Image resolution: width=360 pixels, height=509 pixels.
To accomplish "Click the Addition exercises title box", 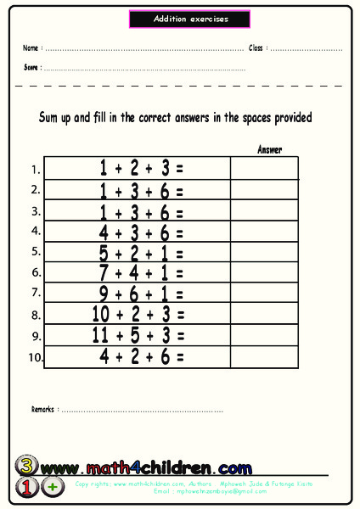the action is click(190, 19).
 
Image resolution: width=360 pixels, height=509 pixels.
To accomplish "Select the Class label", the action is click(257, 48).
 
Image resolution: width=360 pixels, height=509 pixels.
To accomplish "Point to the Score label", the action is click(31, 67).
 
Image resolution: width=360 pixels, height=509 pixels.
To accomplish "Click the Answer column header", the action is click(269, 149).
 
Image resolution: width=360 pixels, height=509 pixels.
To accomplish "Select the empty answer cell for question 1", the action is click(264, 168).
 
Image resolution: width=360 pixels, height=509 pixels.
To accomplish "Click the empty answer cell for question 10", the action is click(264, 356).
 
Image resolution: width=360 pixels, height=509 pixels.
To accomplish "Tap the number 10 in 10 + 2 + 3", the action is click(102, 315).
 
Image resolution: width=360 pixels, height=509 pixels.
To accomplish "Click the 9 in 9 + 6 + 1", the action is click(104, 294).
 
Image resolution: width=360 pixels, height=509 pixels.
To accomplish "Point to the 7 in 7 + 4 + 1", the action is click(104, 273).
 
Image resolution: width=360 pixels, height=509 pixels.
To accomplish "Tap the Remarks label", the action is click(43, 409).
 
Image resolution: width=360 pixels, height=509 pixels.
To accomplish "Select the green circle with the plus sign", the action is click(53, 487).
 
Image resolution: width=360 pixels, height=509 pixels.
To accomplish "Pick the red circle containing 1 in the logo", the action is click(25, 487).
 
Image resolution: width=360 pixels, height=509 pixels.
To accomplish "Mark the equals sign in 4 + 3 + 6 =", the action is click(179, 232).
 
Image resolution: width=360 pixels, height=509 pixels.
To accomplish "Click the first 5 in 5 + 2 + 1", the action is click(104, 252).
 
